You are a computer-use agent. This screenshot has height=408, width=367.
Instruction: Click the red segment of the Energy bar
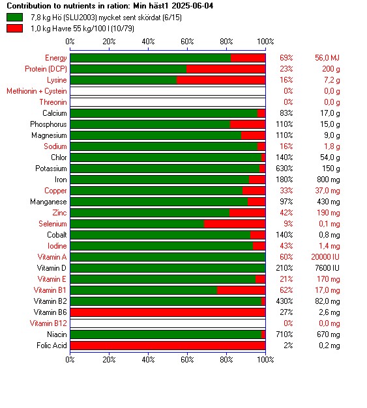[x=248, y=58]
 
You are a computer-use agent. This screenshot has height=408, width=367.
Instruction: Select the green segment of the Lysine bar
[x=123, y=80]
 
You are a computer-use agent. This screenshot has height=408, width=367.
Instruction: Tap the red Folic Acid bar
[x=168, y=346]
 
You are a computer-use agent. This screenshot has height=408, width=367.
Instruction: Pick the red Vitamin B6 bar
[x=168, y=312]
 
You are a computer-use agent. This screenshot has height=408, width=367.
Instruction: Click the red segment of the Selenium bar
[x=235, y=224]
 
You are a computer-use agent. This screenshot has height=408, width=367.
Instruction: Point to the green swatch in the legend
[x=14, y=18]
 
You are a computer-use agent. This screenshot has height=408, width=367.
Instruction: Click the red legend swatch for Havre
[x=14, y=29]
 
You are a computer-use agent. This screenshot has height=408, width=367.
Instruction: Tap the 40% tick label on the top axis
[x=148, y=42]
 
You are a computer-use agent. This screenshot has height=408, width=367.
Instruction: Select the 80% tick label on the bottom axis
[x=226, y=360]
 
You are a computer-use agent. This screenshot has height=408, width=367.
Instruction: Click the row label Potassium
[x=51, y=169]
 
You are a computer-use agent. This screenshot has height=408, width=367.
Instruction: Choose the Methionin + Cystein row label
[x=37, y=91]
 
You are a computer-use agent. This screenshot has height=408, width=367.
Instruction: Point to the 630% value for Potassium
[x=284, y=169]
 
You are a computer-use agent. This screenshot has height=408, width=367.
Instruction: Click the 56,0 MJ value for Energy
[x=327, y=58]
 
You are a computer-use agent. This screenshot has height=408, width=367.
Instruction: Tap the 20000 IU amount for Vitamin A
[x=325, y=257]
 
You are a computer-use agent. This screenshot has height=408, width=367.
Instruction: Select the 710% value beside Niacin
[x=284, y=334]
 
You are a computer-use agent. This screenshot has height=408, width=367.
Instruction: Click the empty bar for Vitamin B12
[x=168, y=323]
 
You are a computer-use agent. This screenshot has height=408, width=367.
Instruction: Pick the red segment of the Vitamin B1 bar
[x=241, y=290]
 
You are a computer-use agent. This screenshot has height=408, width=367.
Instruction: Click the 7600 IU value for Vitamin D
[x=327, y=268]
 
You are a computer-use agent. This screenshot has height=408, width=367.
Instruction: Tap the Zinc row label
[x=60, y=213]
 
